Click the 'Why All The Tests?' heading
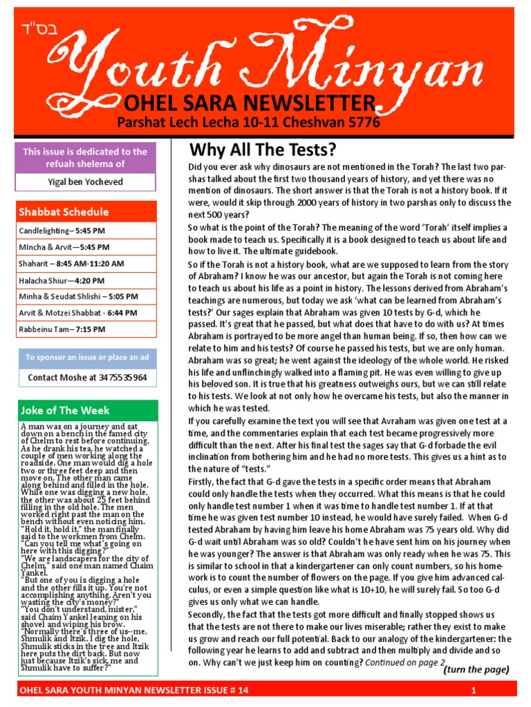263,150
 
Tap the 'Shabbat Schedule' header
64,212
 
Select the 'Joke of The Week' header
64,410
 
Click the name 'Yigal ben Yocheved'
85,182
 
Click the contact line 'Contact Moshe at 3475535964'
87,378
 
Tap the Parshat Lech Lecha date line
257,122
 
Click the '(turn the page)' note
476,670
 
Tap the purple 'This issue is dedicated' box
85,157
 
